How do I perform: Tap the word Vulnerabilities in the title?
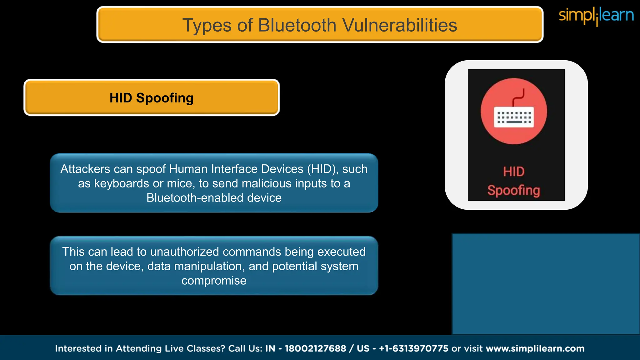click(400, 25)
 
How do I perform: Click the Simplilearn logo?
click(596, 16)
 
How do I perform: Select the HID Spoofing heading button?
click(152, 98)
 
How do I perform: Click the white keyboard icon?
click(514, 117)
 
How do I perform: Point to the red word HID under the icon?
click(514, 172)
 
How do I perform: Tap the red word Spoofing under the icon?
click(514, 190)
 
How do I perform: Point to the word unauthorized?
click(184, 252)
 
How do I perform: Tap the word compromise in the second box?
click(214, 281)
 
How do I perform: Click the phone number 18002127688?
click(315, 348)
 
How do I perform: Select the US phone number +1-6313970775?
click(413, 348)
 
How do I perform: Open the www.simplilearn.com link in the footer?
click(535, 348)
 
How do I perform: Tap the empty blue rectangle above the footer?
click(546, 284)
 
